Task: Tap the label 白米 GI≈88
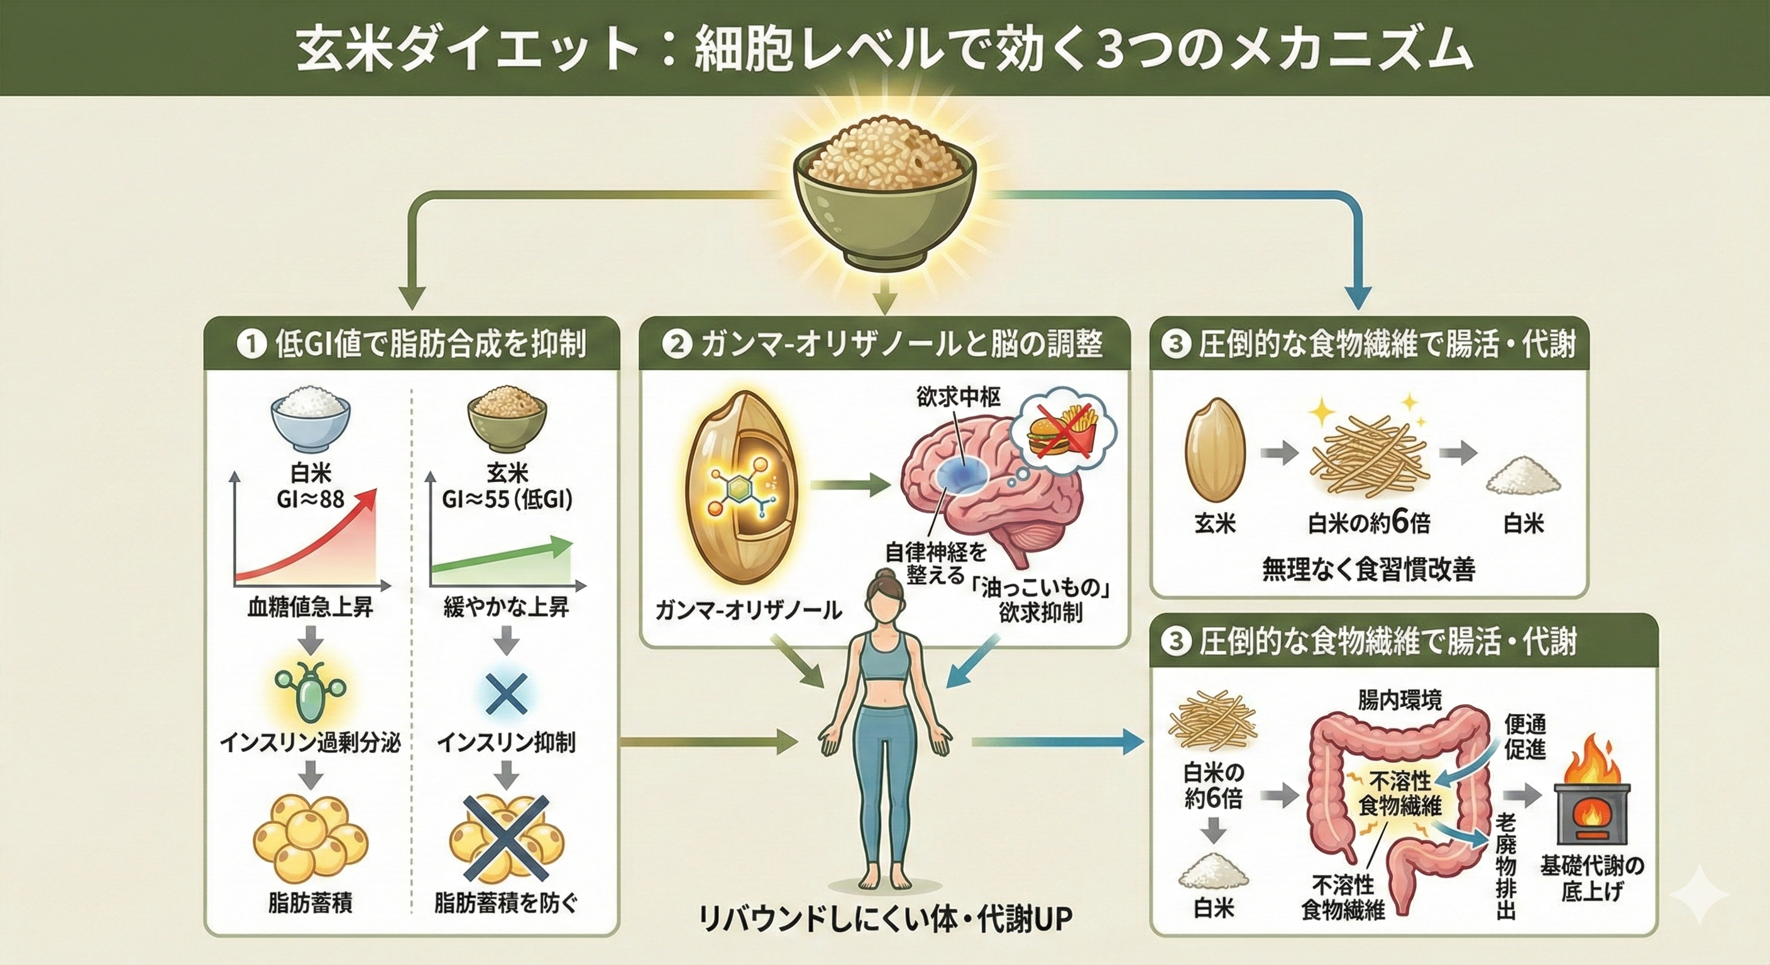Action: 311,486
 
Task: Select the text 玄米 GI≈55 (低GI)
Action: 507,486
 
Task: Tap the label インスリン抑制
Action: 507,743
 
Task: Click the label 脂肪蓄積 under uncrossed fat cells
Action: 310,903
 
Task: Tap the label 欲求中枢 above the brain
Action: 958,397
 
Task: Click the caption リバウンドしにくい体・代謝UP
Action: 884,920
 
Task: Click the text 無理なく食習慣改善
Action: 1369,569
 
